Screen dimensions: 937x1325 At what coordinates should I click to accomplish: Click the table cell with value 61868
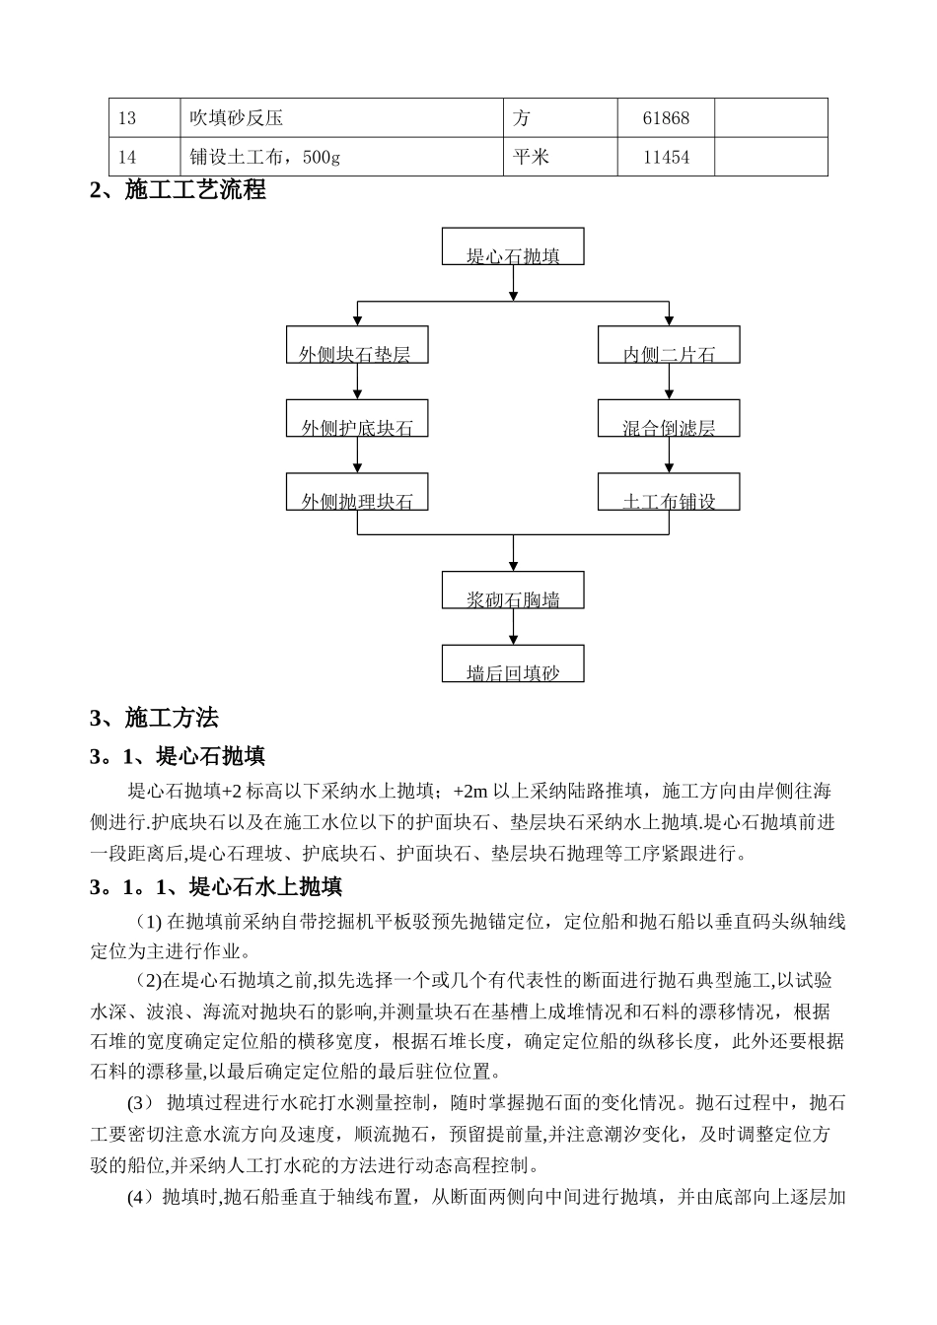(x=666, y=118)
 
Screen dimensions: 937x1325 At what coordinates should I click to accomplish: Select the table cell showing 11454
(x=666, y=157)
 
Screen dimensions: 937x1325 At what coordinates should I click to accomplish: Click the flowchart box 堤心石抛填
(x=513, y=246)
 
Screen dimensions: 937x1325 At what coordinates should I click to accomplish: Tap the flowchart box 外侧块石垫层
(x=356, y=345)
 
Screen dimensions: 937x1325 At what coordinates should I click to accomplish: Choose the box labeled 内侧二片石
(x=669, y=345)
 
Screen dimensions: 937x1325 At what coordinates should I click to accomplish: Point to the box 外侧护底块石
(x=356, y=418)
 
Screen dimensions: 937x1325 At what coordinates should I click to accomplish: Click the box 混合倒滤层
(x=669, y=418)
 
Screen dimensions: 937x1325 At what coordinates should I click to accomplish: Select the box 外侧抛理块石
(x=356, y=491)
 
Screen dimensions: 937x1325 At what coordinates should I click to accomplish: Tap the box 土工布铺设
(x=669, y=491)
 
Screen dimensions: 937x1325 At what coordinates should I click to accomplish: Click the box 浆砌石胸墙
(x=513, y=590)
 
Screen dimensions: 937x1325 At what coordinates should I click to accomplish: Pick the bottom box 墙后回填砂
(x=513, y=663)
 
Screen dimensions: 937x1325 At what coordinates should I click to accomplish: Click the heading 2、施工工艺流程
(x=179, y=190)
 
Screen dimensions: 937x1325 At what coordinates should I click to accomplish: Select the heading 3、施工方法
(x=155, y=718)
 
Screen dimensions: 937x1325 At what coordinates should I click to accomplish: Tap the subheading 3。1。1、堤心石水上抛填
(x=216, y=887)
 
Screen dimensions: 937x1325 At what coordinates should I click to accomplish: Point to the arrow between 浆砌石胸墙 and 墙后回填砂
(x=513, y=627)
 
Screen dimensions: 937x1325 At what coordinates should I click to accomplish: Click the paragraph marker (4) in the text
(x=141, y=1198)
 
